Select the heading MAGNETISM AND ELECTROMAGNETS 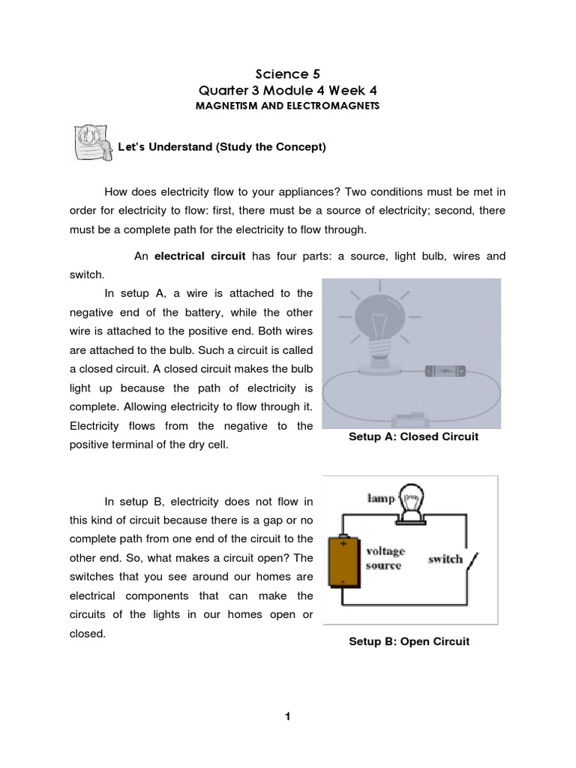287,106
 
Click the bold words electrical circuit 200,256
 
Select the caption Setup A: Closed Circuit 413,436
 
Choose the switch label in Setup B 445,559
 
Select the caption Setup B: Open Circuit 409,642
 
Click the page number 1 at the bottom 287,717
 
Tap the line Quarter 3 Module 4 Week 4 287,90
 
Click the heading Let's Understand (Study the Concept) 222,147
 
